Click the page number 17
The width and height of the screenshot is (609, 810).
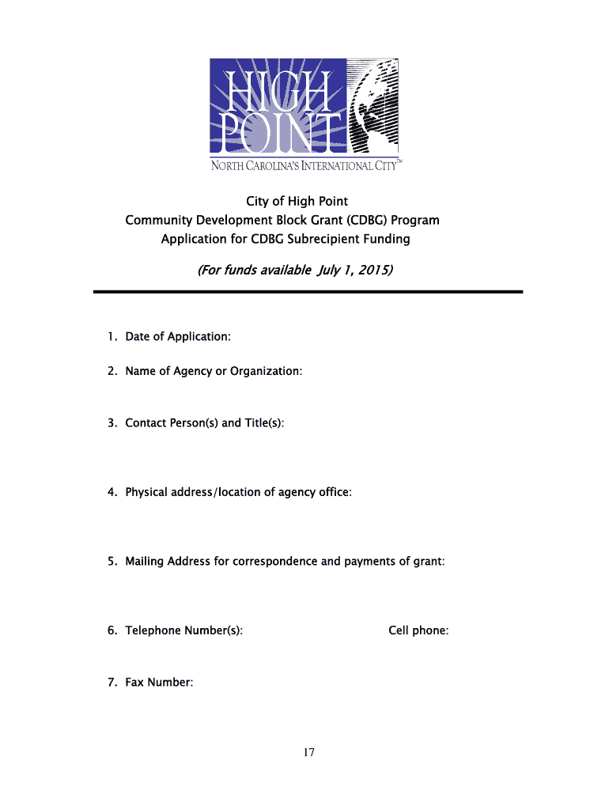tap(308, 752)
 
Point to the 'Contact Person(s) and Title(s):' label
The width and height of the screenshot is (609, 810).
tap(205, 423)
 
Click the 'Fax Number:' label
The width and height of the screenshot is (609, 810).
tap(159, 682)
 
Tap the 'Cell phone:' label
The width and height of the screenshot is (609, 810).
tap(418, 630)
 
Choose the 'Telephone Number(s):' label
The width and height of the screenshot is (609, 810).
tap(183, 630)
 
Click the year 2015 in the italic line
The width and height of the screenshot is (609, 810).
tap(373, 271)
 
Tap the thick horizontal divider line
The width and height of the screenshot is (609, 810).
tap(308, 293)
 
